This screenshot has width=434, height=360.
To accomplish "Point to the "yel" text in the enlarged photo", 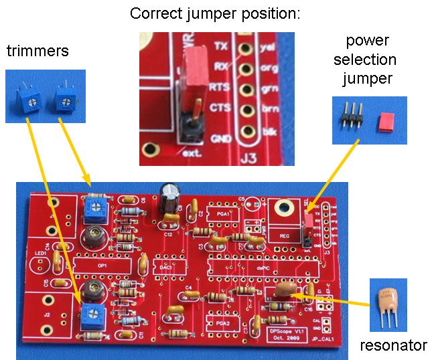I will coord(269,49).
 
